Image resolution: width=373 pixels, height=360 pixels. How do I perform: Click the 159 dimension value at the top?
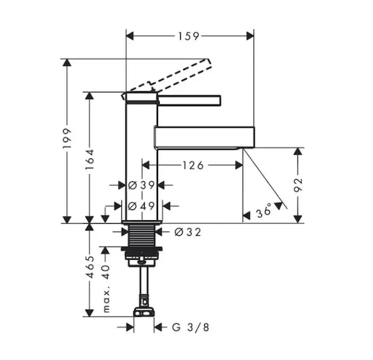click(x=189, y=36)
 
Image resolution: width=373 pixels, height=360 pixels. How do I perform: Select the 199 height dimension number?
click(x=67, y=139)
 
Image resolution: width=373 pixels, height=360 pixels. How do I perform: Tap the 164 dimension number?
click(x=90, y=159)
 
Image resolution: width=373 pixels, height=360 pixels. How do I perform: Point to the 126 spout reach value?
click(x=193, y=165)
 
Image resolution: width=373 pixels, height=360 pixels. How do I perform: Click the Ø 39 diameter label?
click(x=141, y=185)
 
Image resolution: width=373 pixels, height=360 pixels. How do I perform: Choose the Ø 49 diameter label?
click(x=141, y=206)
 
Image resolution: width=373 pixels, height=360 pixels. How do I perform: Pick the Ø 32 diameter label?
click(x=187, y=232)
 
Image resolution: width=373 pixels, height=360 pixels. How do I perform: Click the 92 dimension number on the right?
click(x=298, y=185)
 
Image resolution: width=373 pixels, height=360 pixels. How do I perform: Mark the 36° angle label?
click(x=264, y=210)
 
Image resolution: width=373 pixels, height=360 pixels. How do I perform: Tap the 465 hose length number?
click(x=90, y=267)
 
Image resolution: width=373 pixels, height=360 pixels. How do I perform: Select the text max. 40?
click(x=106, y=289)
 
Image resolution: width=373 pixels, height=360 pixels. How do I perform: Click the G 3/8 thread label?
click(x=190, y=327)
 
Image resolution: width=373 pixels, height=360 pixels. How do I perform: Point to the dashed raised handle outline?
click(x=166, y=77)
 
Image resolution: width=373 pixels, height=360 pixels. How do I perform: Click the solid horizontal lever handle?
click(x=189, y=100)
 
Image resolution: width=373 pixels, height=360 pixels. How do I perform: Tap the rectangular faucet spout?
click(x=205, y=138)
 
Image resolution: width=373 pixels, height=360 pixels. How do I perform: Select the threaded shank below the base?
click(x=142, y=235)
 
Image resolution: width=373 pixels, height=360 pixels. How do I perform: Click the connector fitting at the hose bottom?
click(x=144, y=311)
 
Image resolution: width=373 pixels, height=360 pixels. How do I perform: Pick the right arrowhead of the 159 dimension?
click(x=250, y=36)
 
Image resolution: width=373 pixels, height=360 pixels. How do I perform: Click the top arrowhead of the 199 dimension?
click(x=67, y=63)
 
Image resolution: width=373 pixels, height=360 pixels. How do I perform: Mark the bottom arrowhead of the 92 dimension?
click(x=298, y=219)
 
